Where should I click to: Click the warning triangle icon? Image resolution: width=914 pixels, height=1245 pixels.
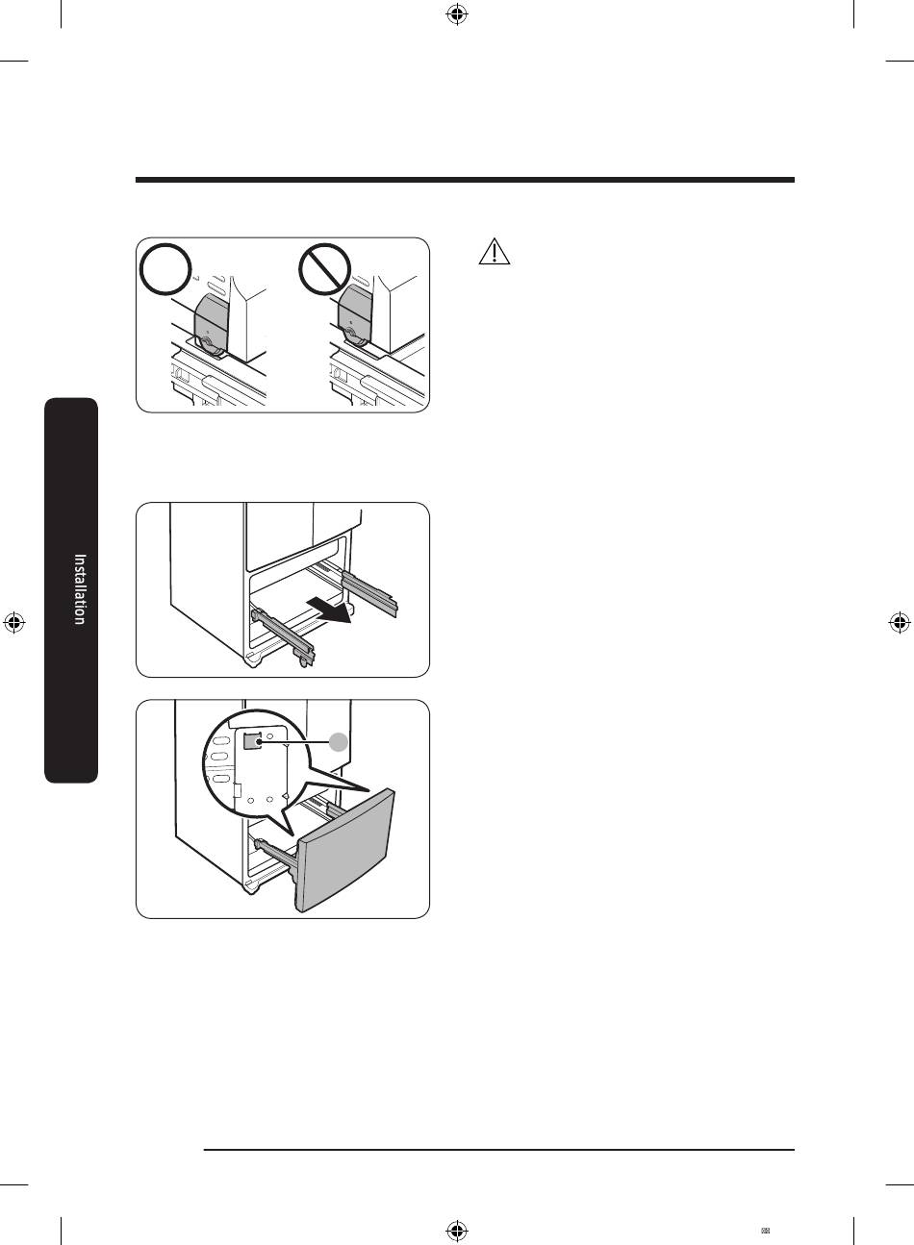[x=494, y=252]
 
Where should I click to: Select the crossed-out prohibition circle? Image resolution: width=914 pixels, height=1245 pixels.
[x=325, y=269]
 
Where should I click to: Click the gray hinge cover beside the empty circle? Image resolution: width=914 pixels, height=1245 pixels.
[x=211, y=325]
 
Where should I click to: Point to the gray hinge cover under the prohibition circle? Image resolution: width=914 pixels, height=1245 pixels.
[x=355, y=317]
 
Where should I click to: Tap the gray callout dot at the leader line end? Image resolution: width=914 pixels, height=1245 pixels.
[x=339, y=741]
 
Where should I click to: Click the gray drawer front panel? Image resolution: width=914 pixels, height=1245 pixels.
[x=346, y=851]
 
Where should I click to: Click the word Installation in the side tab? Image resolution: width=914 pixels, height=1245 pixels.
[x=80, y=589]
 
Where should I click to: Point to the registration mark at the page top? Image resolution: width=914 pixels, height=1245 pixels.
[x=457, y=14]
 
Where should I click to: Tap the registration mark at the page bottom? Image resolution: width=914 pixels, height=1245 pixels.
[x=457, y=1230]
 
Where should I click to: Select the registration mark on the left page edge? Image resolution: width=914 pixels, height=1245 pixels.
[x=14, y=623]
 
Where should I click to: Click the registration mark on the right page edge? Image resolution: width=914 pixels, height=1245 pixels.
[x=899, y=623]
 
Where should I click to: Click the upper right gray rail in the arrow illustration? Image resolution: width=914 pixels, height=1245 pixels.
[x=369, y=592]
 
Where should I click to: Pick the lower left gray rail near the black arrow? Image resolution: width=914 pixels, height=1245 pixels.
[x=284, y=636]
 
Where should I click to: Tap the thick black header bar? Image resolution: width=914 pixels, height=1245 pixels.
[x=465, y=180]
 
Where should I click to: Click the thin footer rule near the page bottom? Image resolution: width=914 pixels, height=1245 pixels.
[x=499, y=1150]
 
